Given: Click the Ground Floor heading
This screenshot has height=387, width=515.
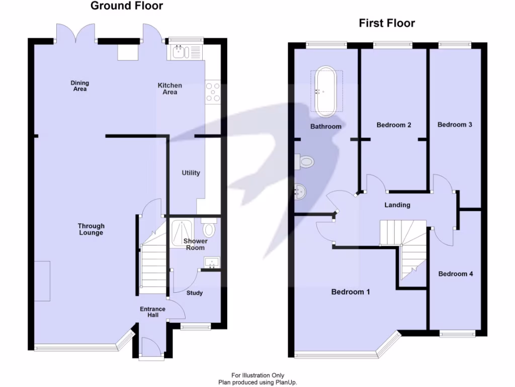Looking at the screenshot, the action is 127,6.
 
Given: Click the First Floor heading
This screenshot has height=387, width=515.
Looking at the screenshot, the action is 387,23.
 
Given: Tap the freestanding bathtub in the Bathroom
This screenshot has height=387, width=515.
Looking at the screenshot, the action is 326,92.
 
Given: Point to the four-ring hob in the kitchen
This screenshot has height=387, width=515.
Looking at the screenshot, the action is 213,92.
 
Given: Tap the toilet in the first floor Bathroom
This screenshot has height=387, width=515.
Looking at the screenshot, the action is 304,162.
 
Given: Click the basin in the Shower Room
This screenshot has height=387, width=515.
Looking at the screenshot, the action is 212,262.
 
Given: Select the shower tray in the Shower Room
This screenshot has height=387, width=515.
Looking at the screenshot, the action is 182,233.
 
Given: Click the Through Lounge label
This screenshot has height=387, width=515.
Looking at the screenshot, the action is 91,229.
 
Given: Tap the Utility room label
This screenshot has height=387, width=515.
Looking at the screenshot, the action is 191,173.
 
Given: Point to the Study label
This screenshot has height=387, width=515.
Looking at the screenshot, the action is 195,293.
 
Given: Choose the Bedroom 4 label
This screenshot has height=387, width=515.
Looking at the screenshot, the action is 456,274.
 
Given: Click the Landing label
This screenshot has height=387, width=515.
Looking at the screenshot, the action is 397,205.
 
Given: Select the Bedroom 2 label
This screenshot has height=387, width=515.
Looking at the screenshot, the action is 394,125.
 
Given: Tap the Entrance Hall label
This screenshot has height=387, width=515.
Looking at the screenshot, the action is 153,312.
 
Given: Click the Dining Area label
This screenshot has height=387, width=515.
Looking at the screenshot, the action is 80,86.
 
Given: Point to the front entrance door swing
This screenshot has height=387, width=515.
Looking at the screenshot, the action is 151,346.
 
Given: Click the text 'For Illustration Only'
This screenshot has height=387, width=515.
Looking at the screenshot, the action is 258,375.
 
